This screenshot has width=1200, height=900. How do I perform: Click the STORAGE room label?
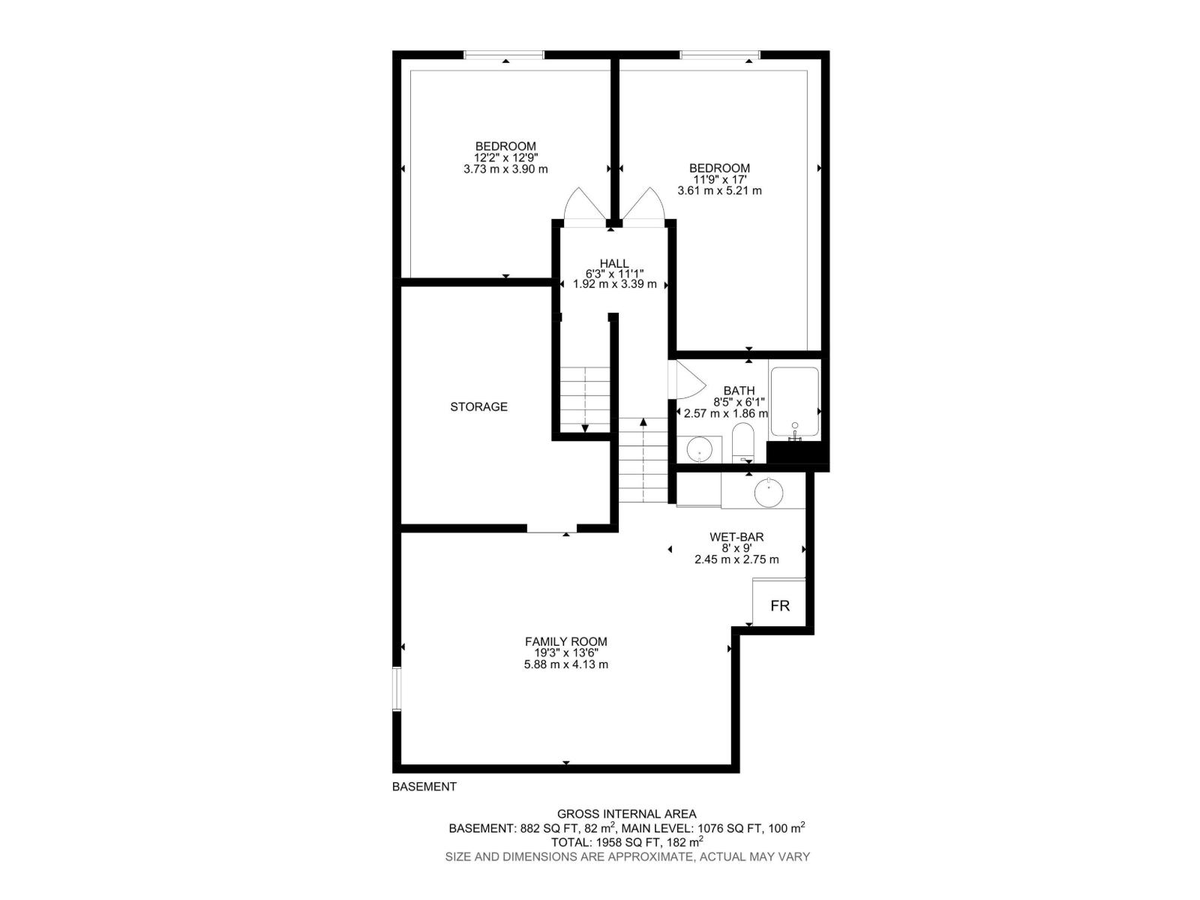click(x=478, y=406)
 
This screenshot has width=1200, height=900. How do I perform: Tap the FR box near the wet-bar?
click(x=780, y=605)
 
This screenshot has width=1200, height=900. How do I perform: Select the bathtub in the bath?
click(x=794, y=403)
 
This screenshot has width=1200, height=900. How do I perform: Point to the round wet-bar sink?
click(x=769, y=493)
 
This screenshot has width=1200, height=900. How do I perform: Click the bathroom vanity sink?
click(x=700, y=450)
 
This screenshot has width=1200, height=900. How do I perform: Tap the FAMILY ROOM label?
click(x=565, y=641)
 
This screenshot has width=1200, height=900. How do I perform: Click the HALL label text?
click(x=613, y=263)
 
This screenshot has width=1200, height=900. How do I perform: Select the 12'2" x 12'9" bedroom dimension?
click(x=505, y=157)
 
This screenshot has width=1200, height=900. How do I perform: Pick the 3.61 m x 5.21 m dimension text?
click(x=719, y=190)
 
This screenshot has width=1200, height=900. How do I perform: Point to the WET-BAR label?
click(x=736, y=537)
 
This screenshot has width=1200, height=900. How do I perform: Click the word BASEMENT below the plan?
click(x=424, y=787)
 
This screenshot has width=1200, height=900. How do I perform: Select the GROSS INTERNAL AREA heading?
click(x=626, y=814)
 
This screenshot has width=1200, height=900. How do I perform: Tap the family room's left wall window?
click(x=396, y=688)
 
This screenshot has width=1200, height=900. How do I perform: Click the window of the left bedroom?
click(x=504, y=55)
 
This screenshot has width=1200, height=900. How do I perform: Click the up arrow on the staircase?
click(x=643, y=422)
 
